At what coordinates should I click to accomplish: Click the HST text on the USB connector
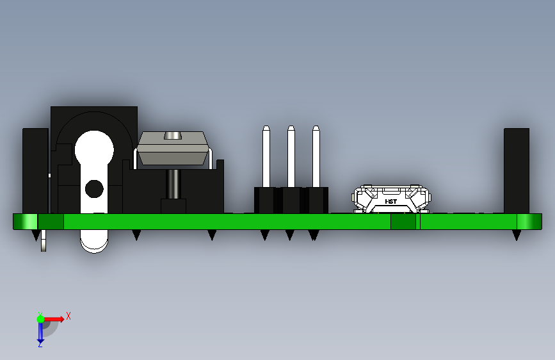[x=390, y=201]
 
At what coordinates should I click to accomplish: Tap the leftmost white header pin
[x=266, y=156]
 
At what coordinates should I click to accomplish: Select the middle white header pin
[x=291, y=156]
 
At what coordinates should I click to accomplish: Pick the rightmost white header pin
[x=316, y=156]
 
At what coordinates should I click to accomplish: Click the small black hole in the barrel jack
[x=94, y=188]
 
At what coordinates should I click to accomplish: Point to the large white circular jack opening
[x=94, y=149]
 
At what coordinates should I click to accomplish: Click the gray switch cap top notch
[x=173, y=135]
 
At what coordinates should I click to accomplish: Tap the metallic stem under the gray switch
[x=173, y=184]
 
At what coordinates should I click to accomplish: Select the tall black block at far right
[x=517, y=171]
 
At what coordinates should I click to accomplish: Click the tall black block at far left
[x=35, y=171]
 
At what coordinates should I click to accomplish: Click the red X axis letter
[x=68, y=316]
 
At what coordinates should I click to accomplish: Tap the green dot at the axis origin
[x=41, y=319]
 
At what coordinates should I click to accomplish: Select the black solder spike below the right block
[x=517, y=235]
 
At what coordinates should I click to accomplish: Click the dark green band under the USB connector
[x=403, y=222]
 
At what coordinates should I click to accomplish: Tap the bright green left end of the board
[x=26, y=222]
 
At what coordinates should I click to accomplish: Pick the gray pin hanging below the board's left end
[x=44, y=241]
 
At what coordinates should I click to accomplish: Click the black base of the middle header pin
[x=291, y=200]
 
